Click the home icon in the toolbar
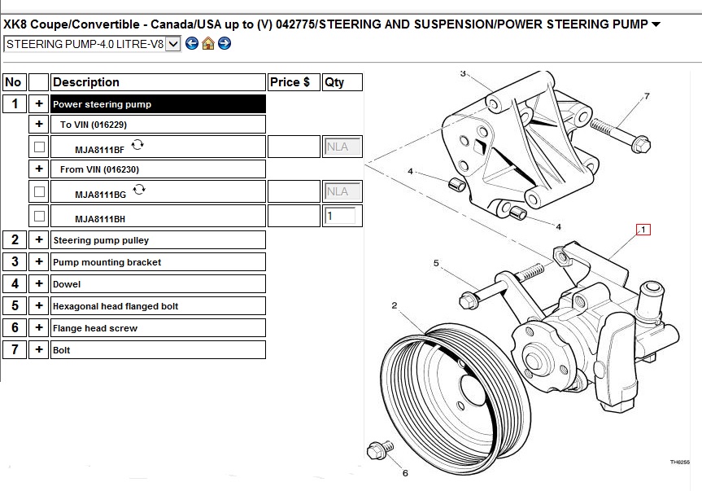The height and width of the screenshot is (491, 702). click(x=208, y=43)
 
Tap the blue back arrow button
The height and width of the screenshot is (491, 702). click(x=192, y=43)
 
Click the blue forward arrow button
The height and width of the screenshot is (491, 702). click(x=225, y=43)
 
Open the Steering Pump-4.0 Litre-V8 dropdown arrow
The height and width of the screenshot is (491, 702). click(x=172, y=44)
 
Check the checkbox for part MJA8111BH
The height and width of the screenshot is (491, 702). click(x=39, y=217)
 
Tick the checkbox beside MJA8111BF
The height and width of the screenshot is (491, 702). click(x=39, y=147)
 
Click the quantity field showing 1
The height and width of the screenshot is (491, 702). click(x=340, y=216)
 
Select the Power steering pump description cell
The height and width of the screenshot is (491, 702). click(x=158, y=104)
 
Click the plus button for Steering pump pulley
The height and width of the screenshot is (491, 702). click(x=39, y=239)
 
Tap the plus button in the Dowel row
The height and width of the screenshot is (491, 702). click(x=39, y=283)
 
